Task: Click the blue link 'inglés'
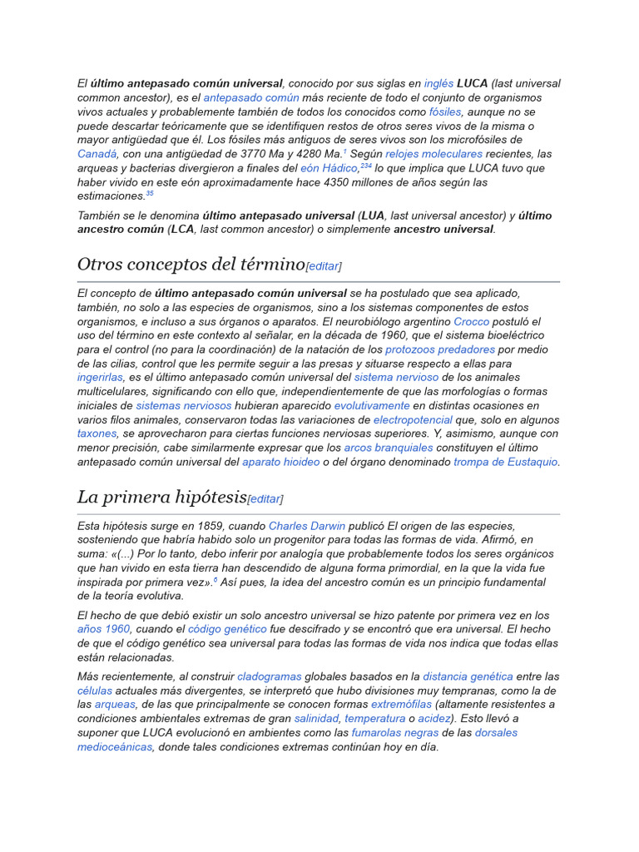[438, 83]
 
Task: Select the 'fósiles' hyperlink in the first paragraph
[445, 111]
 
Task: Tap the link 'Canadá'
[97, 154]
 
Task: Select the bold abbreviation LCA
[182, 230]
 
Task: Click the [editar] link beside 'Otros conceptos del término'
[324, 266]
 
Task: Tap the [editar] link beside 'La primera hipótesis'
[265, 499]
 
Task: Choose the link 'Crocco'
[471, 322]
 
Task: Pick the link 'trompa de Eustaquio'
[505, 463]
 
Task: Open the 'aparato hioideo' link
[280, 463]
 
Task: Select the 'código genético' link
[227, 629]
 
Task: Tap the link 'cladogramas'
[269, 676]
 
